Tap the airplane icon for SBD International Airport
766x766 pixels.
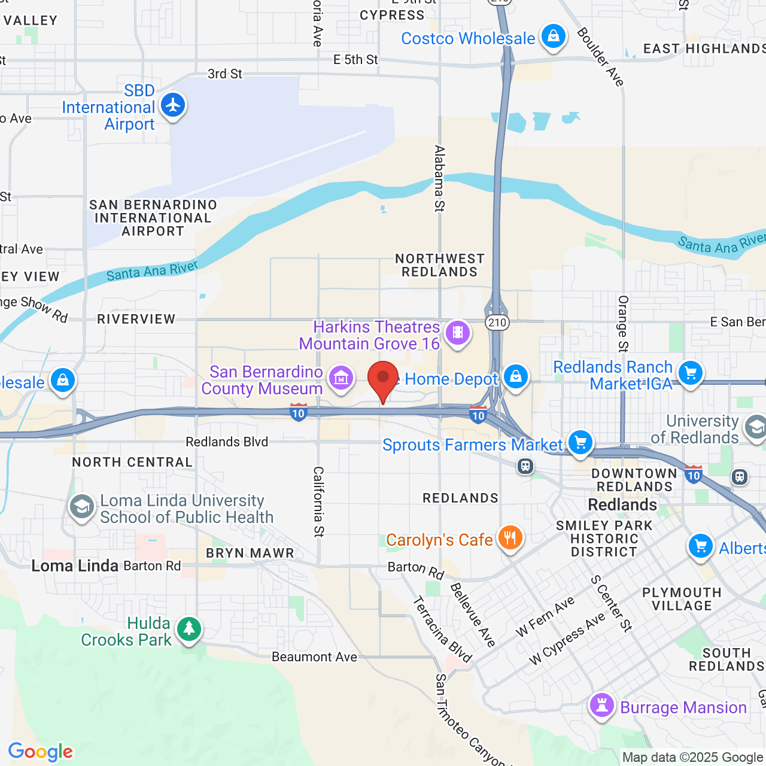point(173,105)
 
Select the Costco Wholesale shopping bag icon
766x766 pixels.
point(554,37)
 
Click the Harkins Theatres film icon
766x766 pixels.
point(458,332)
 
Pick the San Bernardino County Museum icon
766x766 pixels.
point(341,378)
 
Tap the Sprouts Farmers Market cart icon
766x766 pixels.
point(580,443)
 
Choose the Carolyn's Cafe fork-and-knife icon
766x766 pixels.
point(510,537)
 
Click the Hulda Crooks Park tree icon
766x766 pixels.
point(190,628)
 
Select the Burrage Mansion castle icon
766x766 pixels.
point(602,705)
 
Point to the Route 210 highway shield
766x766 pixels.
point(497,323)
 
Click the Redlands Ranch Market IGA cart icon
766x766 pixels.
point(691,373)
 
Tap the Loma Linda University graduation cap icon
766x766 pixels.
point(82,507)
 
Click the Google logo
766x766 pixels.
point(41,752)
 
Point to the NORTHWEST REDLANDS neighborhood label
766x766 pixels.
point(439,265)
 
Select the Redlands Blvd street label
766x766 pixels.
point(227,442)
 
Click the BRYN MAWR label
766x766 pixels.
point(250,553)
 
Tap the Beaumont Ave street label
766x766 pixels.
point(314,656)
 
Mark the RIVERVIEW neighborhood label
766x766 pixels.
point(136,319)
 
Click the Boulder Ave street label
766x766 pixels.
point(600,57)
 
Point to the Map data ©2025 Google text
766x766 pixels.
point(692,757)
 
